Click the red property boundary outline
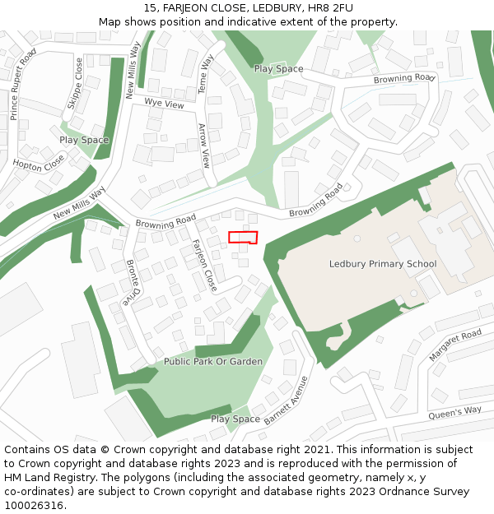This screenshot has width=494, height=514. pyautogui.click(x=243, y=238)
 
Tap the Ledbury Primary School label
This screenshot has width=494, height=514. pyautogui.click(x=382, y=264)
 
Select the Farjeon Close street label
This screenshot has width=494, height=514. pyautogui.click(x=203, y=265)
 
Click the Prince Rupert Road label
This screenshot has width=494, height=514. pyautogui.click(x=22, y=84)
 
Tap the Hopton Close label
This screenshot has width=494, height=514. pyautogui.click(x=38, y=163)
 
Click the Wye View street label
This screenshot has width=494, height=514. pyautogui.click(x=164, y=104)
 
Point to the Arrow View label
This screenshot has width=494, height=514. pyautogui.click(x=204, y=146)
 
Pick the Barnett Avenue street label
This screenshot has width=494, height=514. pyautogui.click(x=286, y=400)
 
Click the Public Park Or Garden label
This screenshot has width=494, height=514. pyautogui.click(x=212, y=362)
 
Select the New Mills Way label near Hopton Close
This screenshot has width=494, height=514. pyautogui.click(x=80, y=203)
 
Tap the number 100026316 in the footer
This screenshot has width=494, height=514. pyautogui.click(x=33, y=506)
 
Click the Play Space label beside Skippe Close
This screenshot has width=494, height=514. pyautogui.click(x=84, y=140)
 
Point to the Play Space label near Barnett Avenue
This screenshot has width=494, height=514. pyautogui.click(x=235, y=419)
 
